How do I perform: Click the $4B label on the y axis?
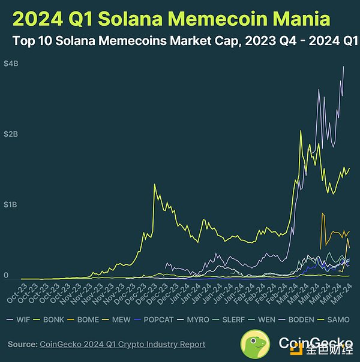click(x=10, y=64)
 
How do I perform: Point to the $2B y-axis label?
click(x=10, y=134)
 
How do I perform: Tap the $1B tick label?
click(x=10, y=205)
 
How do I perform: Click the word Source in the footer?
click(x=22, y=345)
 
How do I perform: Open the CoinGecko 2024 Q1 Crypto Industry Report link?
click(x=122, y=345)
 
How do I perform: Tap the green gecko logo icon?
click(x=257, y=345)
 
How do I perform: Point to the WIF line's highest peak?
click(x=343, y=67)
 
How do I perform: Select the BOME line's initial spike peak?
click(x=323, y=213)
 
